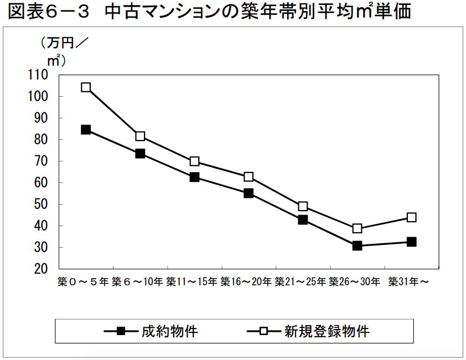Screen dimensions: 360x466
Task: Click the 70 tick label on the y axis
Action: coord(41,161)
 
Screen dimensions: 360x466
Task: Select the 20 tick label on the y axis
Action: coord(41,269)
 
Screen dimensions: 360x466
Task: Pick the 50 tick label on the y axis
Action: coord(41,205)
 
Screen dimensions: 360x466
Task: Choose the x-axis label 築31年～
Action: coord(409,282)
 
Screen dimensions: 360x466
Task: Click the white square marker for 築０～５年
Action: coord(86,87)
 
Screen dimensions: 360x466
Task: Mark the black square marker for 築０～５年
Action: coord(86,130)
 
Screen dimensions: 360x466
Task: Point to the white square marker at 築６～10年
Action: coord(140,136)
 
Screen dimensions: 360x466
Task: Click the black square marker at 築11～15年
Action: coord(194,178)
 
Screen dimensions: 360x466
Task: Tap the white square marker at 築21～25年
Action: coord(303,206)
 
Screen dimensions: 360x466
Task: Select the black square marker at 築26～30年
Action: coord(357,246)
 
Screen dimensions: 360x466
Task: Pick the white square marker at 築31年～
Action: coord(411,217)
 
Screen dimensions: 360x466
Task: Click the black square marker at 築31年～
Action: coord(411,242)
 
